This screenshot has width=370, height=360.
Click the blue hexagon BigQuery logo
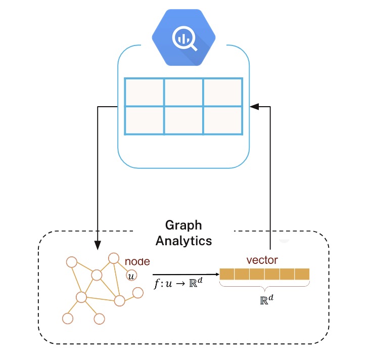(x=183, y=38)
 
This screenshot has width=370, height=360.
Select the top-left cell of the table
(x=144, y=92)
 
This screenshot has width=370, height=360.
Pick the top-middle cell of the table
(x=183, y=92)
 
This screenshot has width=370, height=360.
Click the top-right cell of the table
(x=223, y=92)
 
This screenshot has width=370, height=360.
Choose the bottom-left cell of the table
(x=144, y=120)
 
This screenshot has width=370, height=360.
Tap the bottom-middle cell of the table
(x=183, y=120)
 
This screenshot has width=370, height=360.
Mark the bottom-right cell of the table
(x=223, y=120)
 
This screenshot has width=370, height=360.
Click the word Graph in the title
(x=183, y=225)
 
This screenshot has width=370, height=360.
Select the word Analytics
(x=183, y=241)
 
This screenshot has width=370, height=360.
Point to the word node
(x=137, y=261)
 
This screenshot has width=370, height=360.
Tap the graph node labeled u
(x=131, y=276)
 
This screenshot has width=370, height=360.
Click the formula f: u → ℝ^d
(x=178, y=283)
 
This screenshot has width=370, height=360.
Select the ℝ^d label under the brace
(x=266, y=299)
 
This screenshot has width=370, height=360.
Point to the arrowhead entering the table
(x=254, y=107)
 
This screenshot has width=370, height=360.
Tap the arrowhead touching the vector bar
(x=217, y=275)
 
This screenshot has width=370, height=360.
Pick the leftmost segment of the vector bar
(x=227, y=275)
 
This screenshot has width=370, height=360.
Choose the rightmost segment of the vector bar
(x=302, y=275)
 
